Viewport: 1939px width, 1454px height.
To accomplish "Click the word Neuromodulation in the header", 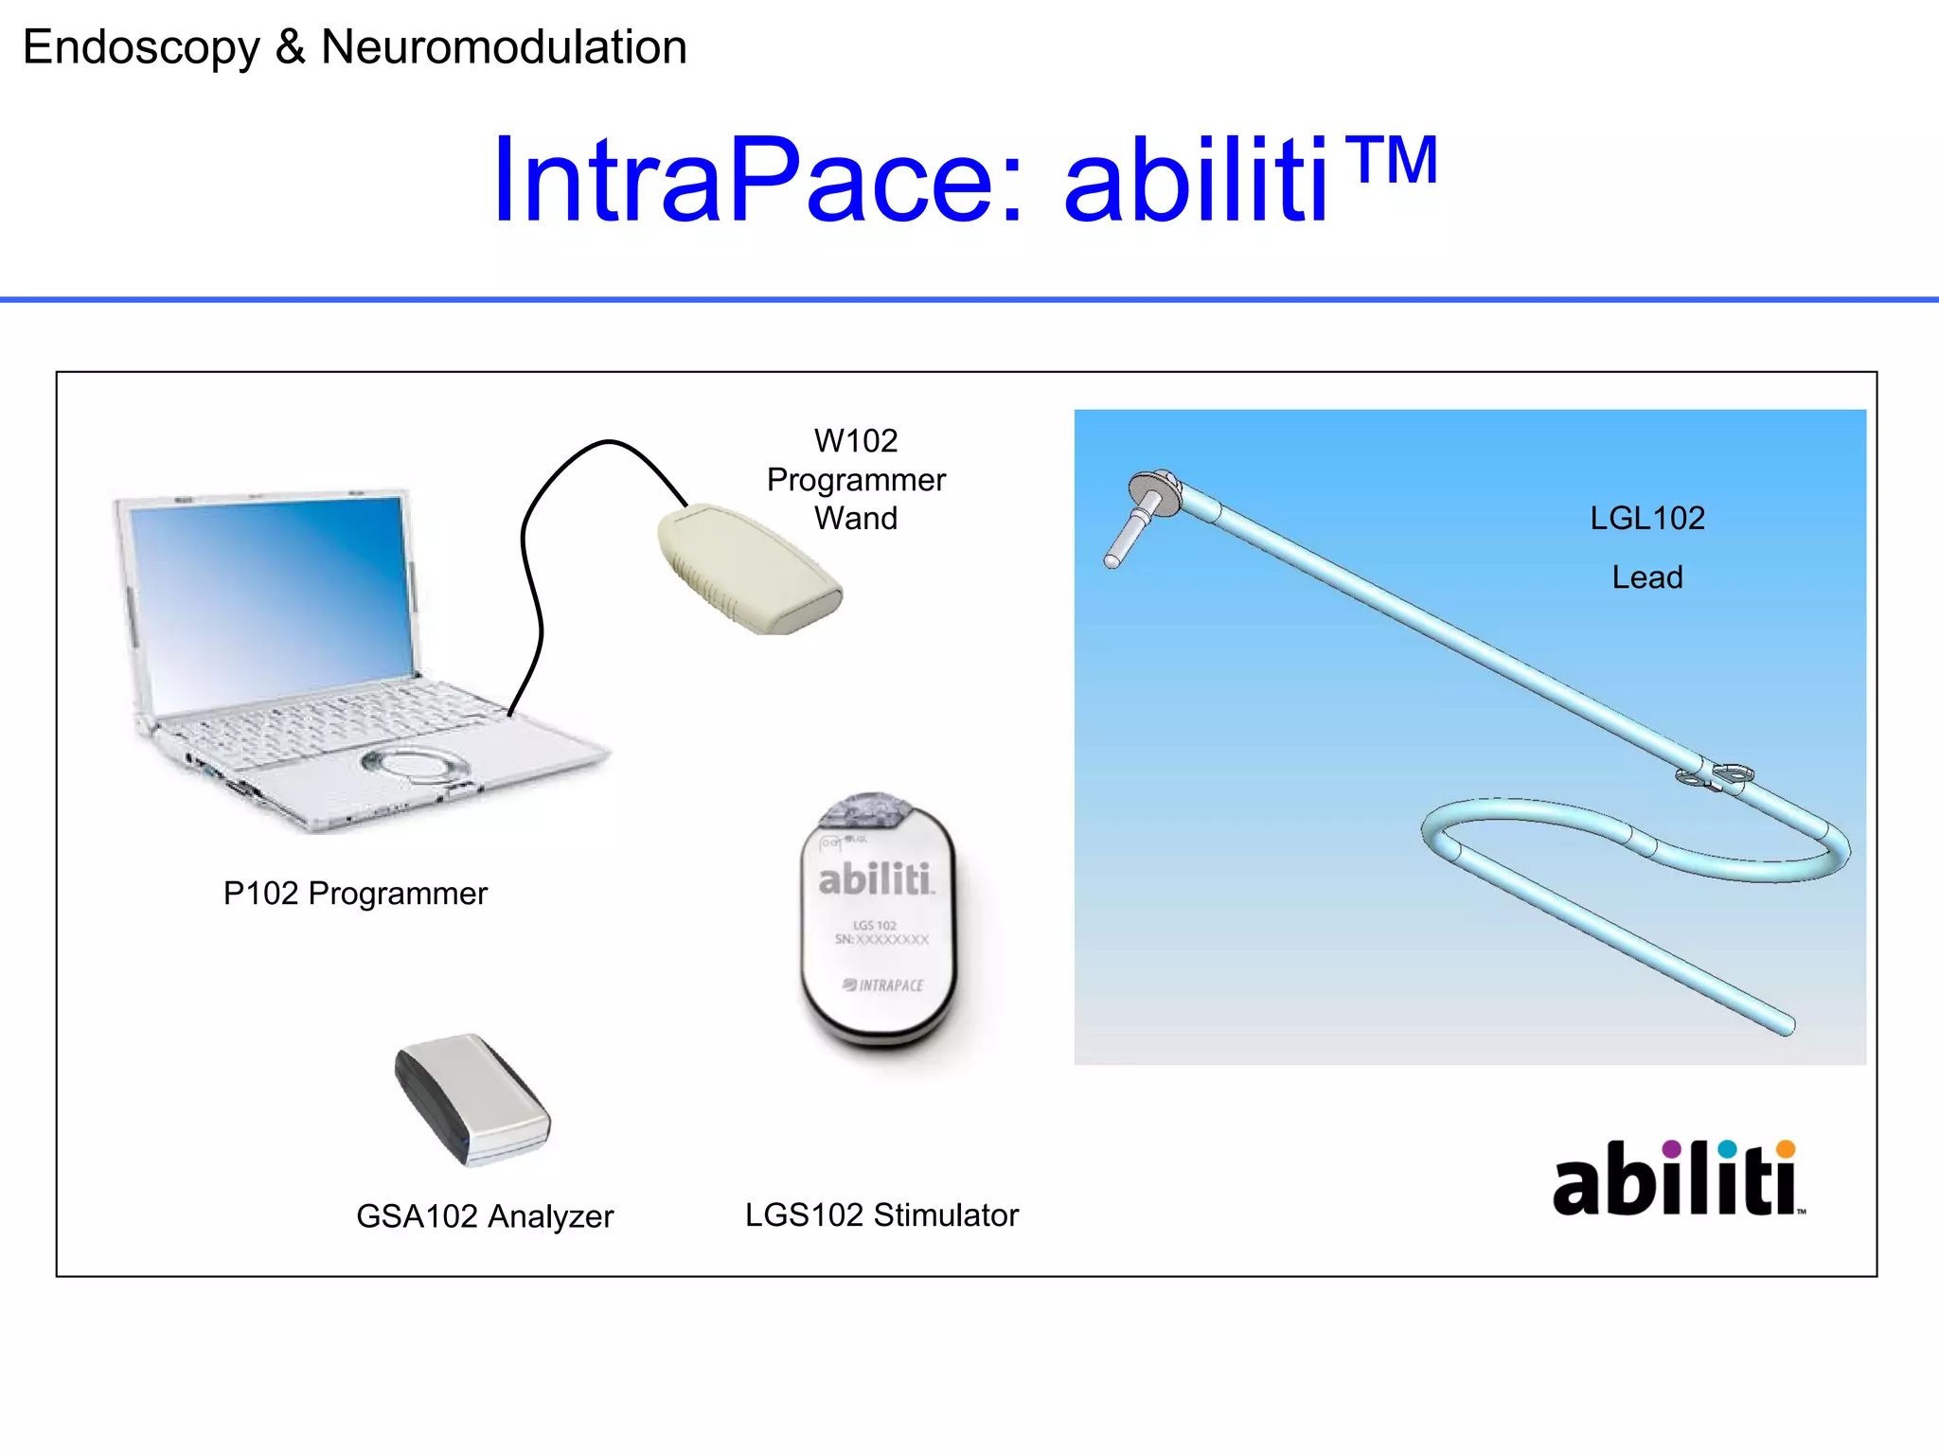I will click(504, 47).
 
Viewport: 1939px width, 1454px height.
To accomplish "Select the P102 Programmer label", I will click(355, 894).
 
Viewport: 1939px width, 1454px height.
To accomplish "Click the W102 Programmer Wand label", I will click(856, 480).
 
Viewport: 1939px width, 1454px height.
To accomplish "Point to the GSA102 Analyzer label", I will click(485, 1216).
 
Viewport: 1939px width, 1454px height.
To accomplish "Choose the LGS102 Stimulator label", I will click(881, 1215).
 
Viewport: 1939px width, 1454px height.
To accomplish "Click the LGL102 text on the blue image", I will click(1647, 519).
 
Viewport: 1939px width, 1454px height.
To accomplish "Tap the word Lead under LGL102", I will click(1647, 577).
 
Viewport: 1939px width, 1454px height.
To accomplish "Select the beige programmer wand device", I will click(748, 568).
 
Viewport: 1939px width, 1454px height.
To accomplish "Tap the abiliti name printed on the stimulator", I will click(875, 879).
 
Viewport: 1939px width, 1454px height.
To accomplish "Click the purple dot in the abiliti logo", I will click(1671, 1149).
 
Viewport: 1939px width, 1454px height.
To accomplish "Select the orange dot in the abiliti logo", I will click(1785, 1149).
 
